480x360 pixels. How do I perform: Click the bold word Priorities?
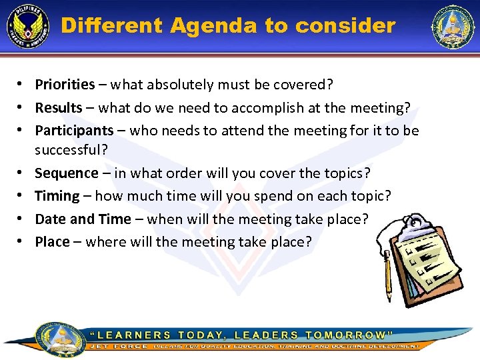tap(65, 85)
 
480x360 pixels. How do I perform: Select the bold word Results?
tap(59, 107)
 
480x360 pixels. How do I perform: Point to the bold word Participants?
tap(74, 131)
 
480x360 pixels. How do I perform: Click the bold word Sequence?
tap(67, 173)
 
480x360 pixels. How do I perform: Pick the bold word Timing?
tap(57, 196)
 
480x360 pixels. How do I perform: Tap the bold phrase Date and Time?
tap(83, 219)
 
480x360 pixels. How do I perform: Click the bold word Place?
tap(52, 242)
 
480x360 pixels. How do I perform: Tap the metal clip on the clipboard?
tap(417, 223)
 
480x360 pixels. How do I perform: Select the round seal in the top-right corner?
tap(453, 27)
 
